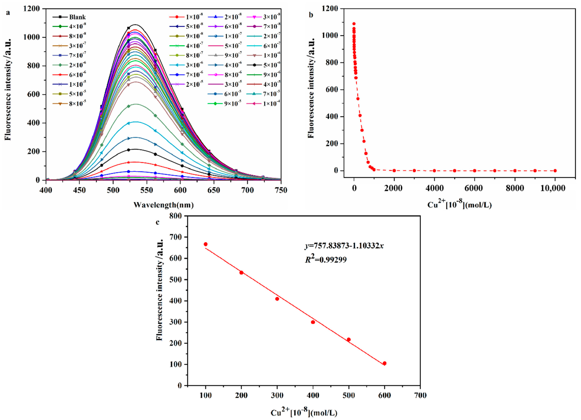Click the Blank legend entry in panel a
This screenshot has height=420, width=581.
tap(77, 17)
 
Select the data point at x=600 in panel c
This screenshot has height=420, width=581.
tap(384, 363)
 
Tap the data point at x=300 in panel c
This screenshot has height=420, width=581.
tap(277, 299)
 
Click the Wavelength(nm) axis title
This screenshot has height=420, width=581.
tap(164, 205)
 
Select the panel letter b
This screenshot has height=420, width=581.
tap(311, 15)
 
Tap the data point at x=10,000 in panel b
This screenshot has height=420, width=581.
tap(555, 171)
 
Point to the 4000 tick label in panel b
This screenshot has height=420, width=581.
tap(434, 188)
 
